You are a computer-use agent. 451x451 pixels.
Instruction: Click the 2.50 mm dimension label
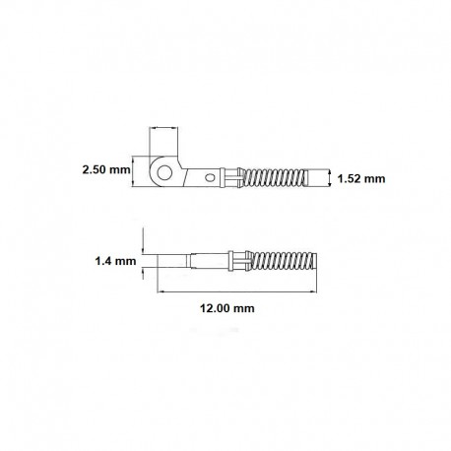(106, 170)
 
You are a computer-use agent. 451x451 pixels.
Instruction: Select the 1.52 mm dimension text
(361, 178)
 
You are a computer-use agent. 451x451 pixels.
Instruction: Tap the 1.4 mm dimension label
(115, 261)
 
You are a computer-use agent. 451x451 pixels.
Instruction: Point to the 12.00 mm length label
(227, 308)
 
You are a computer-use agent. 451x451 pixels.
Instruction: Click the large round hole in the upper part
(164, 172)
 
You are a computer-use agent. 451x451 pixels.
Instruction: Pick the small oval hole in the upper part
(209, 178)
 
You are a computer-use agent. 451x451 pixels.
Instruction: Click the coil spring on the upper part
(274, 177)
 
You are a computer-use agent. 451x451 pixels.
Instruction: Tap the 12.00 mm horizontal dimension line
(237, 291)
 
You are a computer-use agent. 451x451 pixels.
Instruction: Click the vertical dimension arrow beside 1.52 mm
(328, 177)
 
